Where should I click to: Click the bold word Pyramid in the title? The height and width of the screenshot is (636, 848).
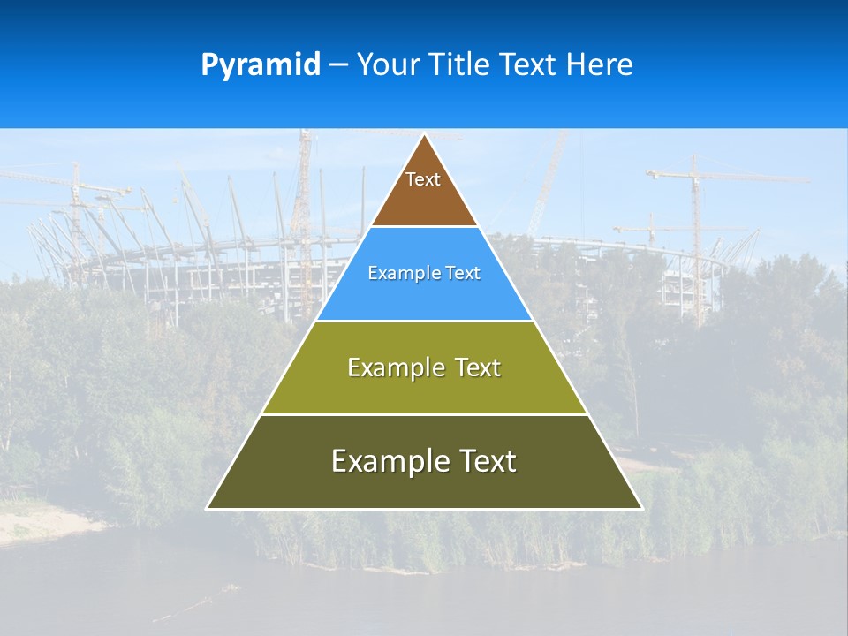(x=261, y=65)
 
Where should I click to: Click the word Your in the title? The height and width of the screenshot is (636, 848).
(x=391, y=64)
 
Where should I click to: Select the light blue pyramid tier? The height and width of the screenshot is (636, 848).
(x=424, y=296)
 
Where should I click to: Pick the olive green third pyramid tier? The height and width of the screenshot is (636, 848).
(x=424, y=389)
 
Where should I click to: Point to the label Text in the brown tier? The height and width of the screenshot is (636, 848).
(x=423, y=179)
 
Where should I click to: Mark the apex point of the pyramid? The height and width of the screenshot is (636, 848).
(x=425, y=135)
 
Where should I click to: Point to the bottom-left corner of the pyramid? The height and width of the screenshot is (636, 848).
(x=208, y=508)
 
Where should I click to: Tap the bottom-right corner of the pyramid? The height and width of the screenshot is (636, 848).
(x=641, y=508)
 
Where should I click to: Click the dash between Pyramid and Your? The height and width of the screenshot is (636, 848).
(x=338, y=65)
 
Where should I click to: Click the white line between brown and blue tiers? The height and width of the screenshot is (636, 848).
(x=424, y=227)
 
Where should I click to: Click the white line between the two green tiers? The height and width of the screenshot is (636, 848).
(x=424, y=414)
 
